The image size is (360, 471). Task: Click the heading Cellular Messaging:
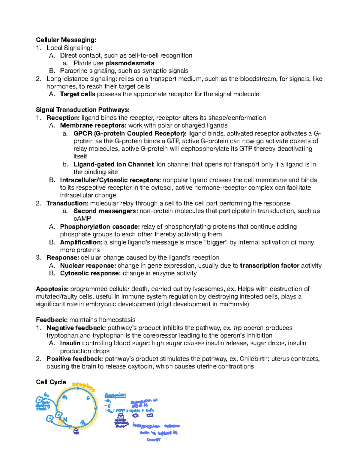[66, 40]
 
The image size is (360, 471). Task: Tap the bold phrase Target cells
[77, 94]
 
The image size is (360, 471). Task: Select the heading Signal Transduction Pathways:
[82, 109]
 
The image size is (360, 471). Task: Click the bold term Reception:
[63, 118]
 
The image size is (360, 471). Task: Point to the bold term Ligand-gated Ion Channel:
[114, 164]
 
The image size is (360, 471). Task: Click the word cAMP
[82, 219]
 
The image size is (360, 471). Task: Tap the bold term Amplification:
[81, 242]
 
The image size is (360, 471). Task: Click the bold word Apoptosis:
[52, 289]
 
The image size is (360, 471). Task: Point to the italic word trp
[238, 328]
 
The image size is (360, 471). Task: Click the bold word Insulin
[70, 343]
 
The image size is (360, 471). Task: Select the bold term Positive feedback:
[75, 359]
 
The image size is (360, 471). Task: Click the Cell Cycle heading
[51, 382]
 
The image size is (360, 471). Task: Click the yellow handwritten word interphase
[84, 387]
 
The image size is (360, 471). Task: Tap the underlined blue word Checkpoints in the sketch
[115, 395]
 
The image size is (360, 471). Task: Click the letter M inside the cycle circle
[65, 419]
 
